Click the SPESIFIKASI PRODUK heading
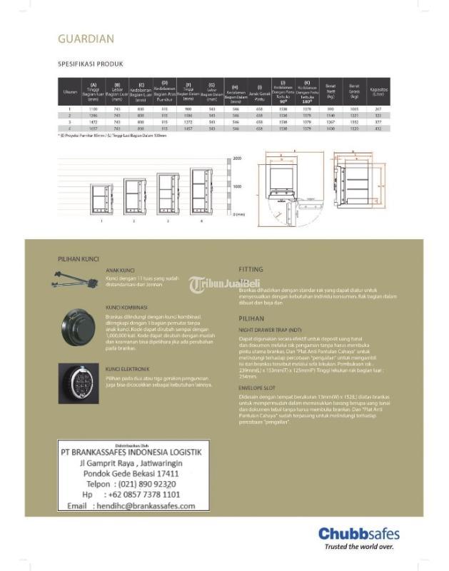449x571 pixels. coord(90,64)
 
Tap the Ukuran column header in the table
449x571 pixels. coord(70,91)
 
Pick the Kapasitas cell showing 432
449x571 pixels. coord(378,129)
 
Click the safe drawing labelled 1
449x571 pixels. coord(101,196)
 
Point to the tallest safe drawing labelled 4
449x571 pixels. coord(201,191)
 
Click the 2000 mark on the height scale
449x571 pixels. coord(238,157)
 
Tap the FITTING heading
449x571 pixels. coord(251,270)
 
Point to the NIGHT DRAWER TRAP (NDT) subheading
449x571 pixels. coord(270,330)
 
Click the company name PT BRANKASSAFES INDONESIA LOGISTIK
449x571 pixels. coord(130,452)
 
